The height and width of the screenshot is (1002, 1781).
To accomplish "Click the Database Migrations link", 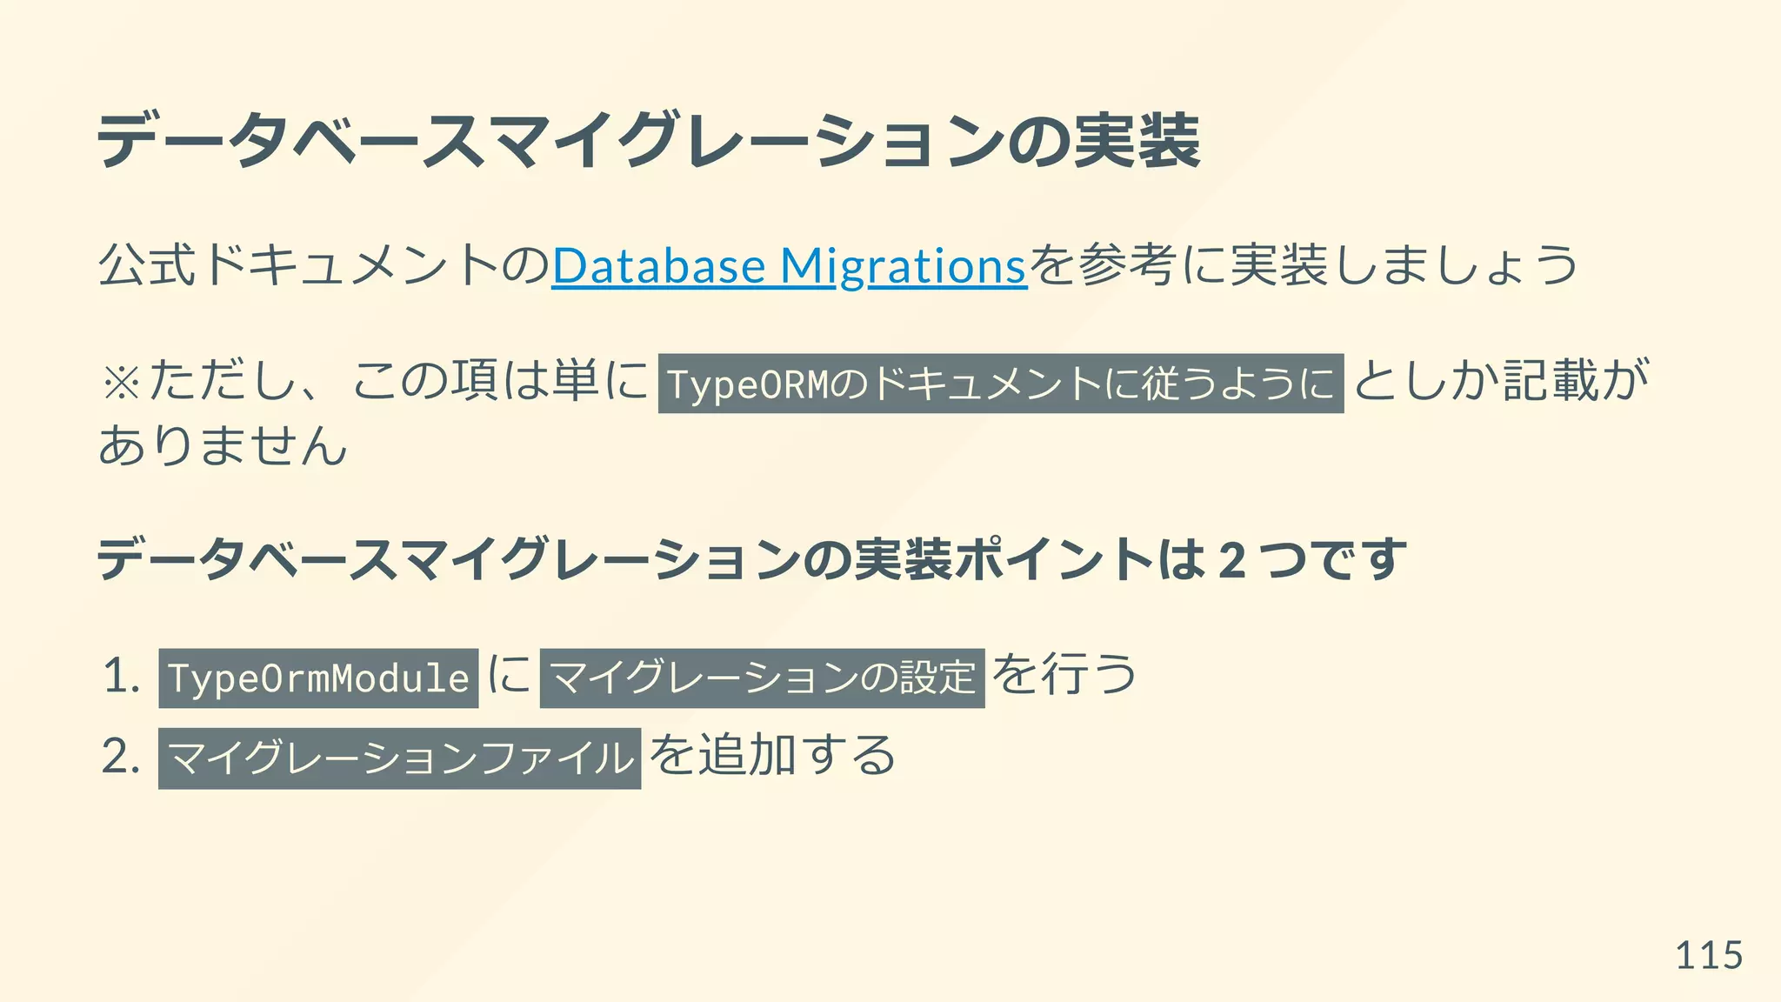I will [x=789, y=266].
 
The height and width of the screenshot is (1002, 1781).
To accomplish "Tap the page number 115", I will [x=1708, y=956].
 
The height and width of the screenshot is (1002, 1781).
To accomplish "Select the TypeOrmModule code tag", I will [x=318, y=678].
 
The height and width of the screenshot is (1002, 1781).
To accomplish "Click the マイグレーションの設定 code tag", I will [x=762, y=678].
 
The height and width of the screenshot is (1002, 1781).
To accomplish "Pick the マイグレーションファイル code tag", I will [x=399, y=758].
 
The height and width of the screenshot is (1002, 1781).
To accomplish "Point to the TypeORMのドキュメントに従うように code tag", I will [x=1000, y=384].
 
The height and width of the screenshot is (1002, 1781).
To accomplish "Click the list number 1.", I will [x=120, y=677].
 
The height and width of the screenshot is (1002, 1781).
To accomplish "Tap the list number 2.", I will [x=120, y=756].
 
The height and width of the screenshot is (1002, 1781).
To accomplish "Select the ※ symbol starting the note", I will [x=120, y=383].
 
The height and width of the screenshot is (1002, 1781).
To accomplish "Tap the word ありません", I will [x=223, y=446].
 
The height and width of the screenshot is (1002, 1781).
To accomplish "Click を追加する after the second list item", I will [x=772, y=755].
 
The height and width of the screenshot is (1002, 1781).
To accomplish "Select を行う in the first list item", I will [x=1064, y=675].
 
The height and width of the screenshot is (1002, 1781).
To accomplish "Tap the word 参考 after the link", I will [x=1128, y=266].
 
